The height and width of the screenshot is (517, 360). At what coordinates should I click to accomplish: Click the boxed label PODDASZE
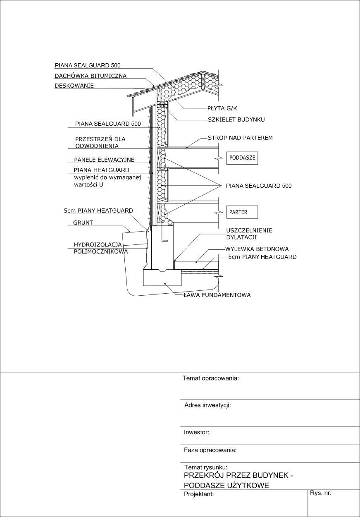(242, 158)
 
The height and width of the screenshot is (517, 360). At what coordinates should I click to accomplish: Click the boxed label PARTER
(242, 212)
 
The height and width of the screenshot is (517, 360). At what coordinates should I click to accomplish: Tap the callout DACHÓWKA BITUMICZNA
(91, 76)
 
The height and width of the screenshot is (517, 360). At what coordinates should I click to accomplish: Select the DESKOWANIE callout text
(74, 86)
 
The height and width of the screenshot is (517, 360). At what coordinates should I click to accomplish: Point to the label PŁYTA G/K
(222, 108)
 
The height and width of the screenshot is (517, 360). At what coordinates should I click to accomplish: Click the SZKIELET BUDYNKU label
(236, 120)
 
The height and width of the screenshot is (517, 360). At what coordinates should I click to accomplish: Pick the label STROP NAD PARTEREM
(240, 137)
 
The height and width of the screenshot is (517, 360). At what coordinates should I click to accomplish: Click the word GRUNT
(83, 223)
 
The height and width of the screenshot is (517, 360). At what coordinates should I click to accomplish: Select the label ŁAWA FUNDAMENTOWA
(217, 295)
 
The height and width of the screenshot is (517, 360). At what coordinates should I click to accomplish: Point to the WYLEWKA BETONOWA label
(257, 249)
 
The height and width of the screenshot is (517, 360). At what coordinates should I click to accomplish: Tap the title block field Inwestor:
(196, 432)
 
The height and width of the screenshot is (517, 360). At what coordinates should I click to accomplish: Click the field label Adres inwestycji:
(207, 405)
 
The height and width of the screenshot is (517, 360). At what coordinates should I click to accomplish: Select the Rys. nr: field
(321, 493)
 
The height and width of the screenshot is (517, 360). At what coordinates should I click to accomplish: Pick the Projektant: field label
(199, 494)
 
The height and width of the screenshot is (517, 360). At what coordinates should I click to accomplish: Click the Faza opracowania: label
(210, 450)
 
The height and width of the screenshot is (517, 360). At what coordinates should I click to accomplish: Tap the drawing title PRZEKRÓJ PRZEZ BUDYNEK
(238, 476)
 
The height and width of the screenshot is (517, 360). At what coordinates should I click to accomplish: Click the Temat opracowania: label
(211, 378)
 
